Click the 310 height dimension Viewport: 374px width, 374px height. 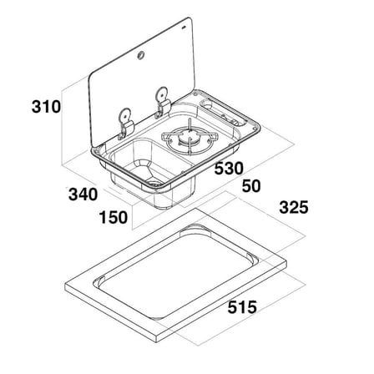tap(46, 107)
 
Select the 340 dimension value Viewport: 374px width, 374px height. tap(83, 195)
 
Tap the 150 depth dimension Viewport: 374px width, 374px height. tap(114, 217)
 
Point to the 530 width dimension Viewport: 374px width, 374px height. tap(229, 169)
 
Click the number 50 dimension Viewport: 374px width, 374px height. tap(251, 186)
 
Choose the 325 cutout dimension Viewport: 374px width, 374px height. tap(294, 207)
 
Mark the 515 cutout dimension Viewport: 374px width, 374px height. tap(242, 307)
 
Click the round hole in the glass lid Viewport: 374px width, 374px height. tap(140, 56)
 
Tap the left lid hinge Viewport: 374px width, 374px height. tap(125, 124)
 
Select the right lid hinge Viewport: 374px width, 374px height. tap(162, 103)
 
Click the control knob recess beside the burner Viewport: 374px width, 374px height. tap(207, 104)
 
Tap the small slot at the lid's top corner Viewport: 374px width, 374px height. tap(184, 28)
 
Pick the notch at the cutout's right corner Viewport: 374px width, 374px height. tap(252, 257)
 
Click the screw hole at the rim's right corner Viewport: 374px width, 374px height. tap(255, 128)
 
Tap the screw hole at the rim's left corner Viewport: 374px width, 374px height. tap(96, 151)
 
